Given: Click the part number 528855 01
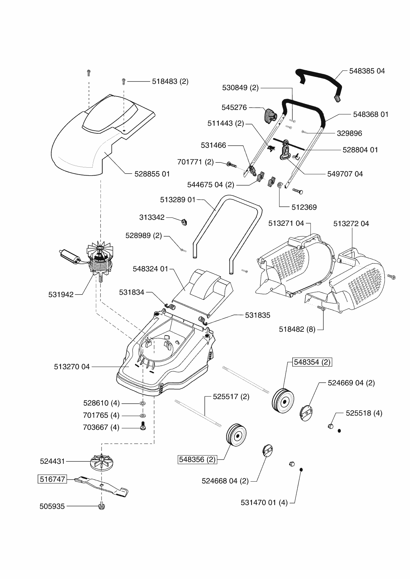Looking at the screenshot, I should click(x=152, y=174).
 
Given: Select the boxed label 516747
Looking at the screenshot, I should click(x=52, y=479).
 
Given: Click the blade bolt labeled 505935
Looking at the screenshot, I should click(x=102, y=505).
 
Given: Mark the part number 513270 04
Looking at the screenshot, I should click(x=72, y=367).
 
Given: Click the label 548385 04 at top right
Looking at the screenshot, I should click(x=367, y=71).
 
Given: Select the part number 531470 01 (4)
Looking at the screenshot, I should click(x=264, y=502).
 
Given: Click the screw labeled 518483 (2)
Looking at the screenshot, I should click(x=124, y=81).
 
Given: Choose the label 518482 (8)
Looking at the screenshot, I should click(x=297, y=329).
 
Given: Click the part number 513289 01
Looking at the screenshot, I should click(x=178, y=200).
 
